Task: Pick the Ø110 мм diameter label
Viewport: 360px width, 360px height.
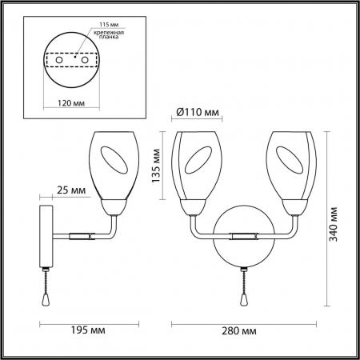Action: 196,111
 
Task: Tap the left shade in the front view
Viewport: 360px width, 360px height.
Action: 195,165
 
